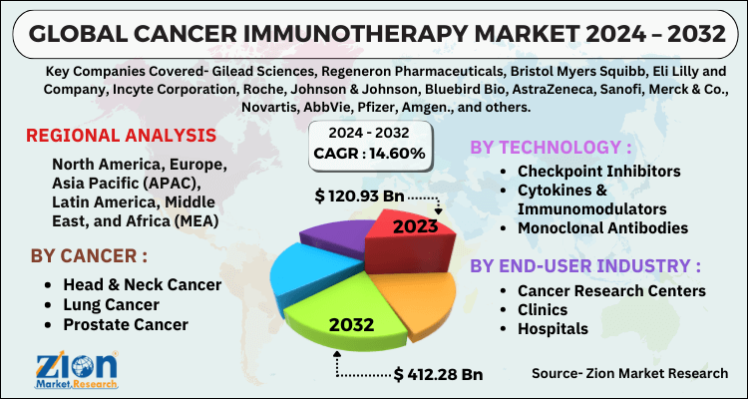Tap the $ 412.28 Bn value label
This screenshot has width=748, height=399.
pyautogui.click(x=439, y=375)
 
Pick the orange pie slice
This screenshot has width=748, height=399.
pyautogui.click(x=429, y=294)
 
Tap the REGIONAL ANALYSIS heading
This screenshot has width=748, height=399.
pyautogui.click(x=119, y=136)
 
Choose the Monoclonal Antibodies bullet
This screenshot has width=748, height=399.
pyautogui.click(x=602, y=228)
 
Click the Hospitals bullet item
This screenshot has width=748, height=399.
pyautogui.click(x=553, y=328)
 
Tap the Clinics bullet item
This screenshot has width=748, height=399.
pyautogui.click(x=545, y=309)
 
